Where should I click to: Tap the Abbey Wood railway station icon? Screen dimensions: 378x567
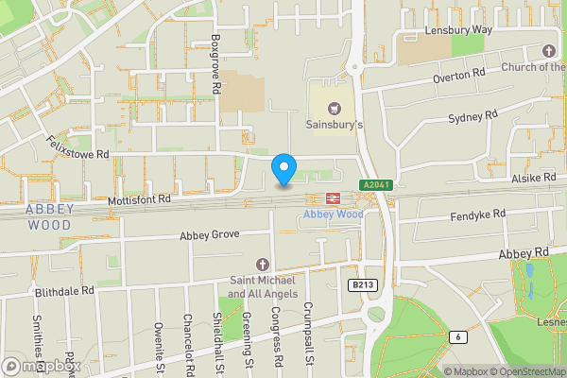point(333,198)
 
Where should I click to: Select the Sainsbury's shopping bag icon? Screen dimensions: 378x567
point(333,108)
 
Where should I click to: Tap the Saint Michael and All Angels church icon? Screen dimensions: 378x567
point(263,263)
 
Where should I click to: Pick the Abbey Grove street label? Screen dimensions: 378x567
point(209,234)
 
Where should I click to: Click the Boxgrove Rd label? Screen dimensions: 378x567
point(215,64)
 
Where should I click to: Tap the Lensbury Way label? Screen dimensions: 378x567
point(458,29)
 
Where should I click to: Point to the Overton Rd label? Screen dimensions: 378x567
point(458,75)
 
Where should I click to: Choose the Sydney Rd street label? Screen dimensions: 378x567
point(472,116)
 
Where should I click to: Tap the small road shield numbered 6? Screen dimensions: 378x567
point(458,337)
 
